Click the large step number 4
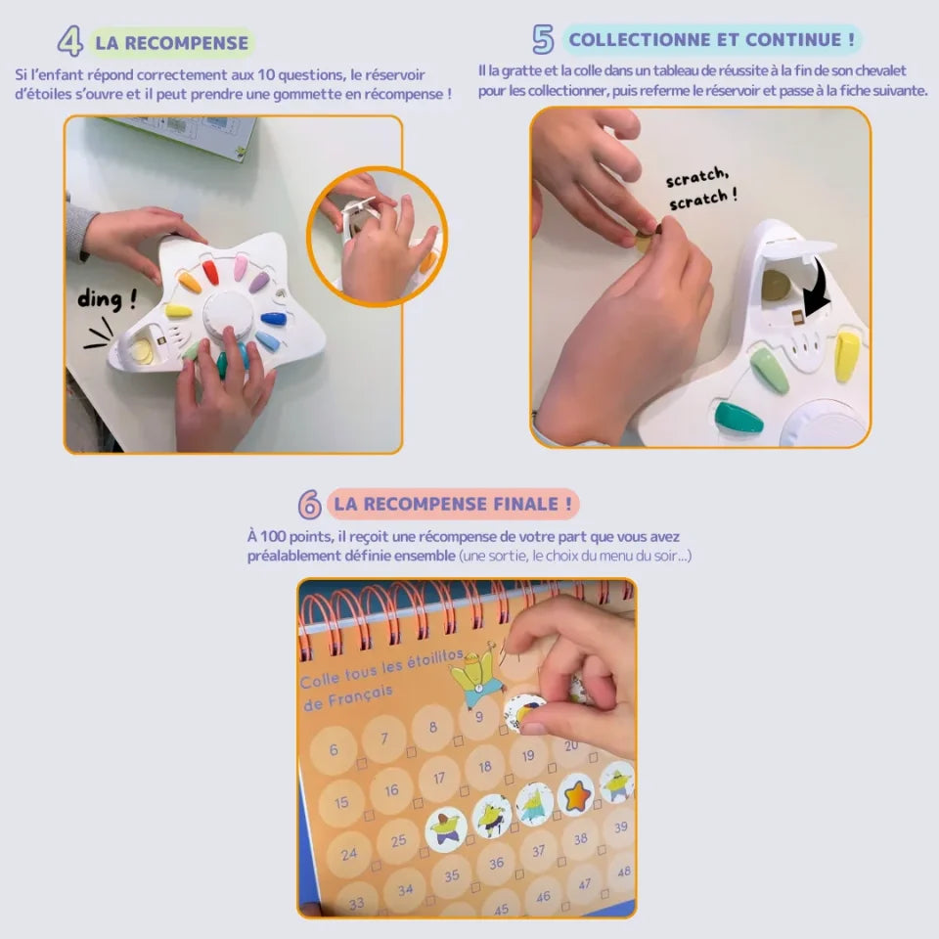click(69, 41)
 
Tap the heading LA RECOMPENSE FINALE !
click(453, 504)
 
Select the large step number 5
click(543, 39)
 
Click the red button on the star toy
click(210, 271)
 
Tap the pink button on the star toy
click(240, 266)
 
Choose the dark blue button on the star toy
click(274, 319)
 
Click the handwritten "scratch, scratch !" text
click(698, 187)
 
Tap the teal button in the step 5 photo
click(738, 418)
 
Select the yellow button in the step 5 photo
click(847, 355)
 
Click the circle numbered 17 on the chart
click(439, 779)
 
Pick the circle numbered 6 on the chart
click(335, 750)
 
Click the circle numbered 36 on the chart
click(496, 862)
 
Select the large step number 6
click(310, 505)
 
